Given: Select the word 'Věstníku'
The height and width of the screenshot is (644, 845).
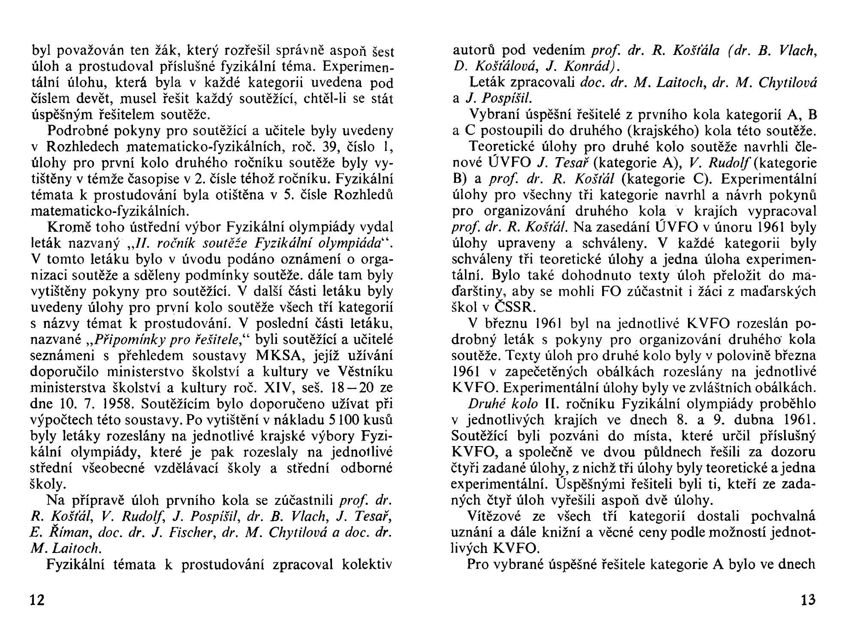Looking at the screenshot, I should coord(365,372).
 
